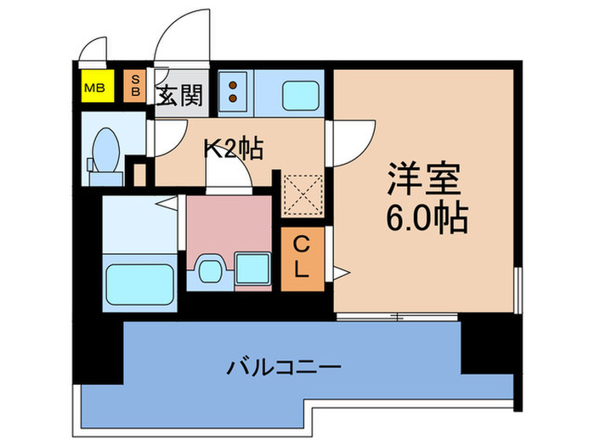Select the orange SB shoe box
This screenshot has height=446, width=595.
coord(133,85)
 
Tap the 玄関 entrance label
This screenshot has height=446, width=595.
coord(178,96)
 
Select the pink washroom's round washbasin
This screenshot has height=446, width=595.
coord(209,270)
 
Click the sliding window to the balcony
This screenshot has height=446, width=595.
coord(397,316)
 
